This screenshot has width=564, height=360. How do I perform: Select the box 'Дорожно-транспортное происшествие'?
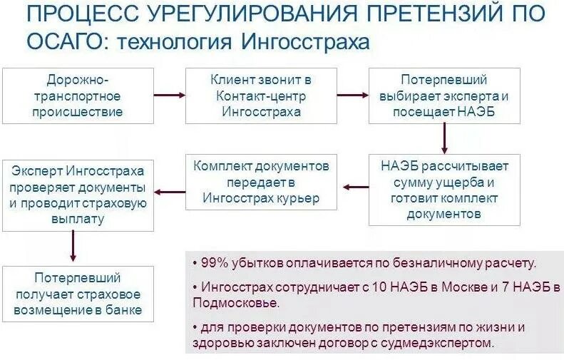(x=78, y=96)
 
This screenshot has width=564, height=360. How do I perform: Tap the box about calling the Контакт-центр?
(x=260, y=96)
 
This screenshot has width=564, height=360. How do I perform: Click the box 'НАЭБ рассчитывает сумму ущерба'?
(x=444, y=190)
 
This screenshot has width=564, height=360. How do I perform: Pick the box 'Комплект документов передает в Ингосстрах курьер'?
(x=261, y=182)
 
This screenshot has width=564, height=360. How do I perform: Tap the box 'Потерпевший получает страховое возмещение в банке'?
(x=78, y=294)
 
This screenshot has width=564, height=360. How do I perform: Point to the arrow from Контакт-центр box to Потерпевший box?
(x=352, y=94)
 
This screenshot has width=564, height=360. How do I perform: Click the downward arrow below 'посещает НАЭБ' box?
(x=444, y=138)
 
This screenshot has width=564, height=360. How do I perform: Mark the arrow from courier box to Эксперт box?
(x=170, y=191)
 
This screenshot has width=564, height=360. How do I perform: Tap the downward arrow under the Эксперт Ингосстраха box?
(x=73, y=247)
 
